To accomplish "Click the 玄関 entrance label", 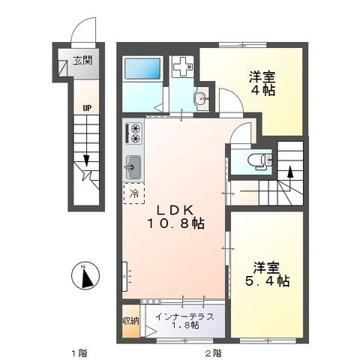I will pos(82,61).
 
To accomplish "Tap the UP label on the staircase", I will pos(87,108).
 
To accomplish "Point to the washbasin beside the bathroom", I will pos(200,97).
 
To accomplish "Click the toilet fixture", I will pos(255,158).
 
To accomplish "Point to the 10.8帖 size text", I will pos(176,223).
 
